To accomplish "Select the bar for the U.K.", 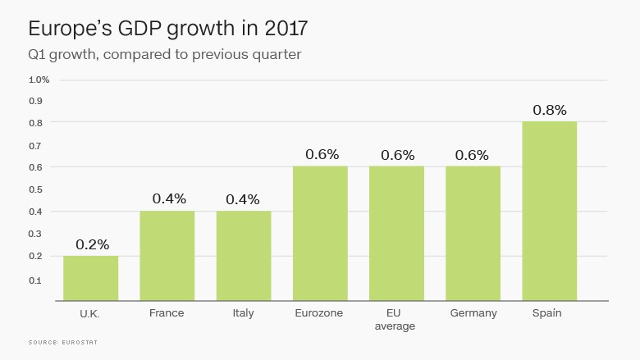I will pos(90,278).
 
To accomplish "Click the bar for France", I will pos(167,256).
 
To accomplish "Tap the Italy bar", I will pos(244,256).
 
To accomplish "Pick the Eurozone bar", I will pos(320,234).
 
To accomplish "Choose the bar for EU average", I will pos(396,234).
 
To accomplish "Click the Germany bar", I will pos(473,234).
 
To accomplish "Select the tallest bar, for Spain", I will pos(550,212).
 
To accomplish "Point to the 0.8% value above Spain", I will pos(550,110).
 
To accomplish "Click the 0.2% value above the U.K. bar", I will pos(92,244).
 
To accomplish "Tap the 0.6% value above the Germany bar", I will pos(472,154).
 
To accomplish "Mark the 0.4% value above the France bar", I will pos(169,198).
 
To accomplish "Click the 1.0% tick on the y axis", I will pos(39,80).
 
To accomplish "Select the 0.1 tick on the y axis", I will pos(35,280).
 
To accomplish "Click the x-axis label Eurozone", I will pos(320,313).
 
